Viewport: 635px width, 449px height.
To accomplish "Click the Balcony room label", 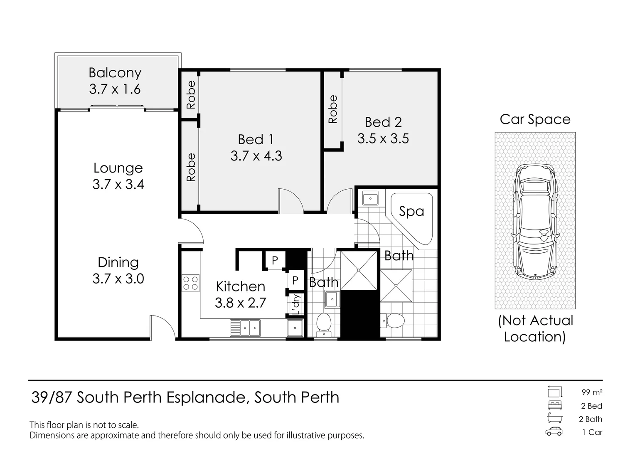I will (x=115, y=73).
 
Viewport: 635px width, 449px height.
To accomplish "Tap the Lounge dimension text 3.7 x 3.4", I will (x=118, y=184).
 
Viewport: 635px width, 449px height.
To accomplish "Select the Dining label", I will (x=118, y=262).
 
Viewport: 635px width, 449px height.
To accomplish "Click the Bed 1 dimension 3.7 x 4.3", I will (x=256, y=156).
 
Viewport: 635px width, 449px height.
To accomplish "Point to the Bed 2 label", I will (x=383, y=122).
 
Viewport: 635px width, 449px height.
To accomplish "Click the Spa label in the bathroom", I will (x=411, y=211).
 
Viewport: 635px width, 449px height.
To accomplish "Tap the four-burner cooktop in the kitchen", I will (x=190, y=284).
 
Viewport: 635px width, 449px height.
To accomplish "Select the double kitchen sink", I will (x=245, y=328).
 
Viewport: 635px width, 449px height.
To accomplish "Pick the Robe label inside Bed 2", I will (x=333, y=109).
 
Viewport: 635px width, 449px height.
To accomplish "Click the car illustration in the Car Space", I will (x=535, y=221).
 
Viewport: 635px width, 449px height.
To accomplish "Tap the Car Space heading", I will (x=535, y=119).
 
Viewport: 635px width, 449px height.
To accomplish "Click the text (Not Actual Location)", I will (x=535, y=328).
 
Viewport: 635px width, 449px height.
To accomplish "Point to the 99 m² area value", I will (x=592, y=392).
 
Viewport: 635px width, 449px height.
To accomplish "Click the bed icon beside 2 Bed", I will (x=555, y=405).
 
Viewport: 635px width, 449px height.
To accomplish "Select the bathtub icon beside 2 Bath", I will (x=555, y=419).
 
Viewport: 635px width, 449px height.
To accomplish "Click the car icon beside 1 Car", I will (x=554, y=432).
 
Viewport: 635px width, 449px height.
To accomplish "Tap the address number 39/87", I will (x=52, y=397).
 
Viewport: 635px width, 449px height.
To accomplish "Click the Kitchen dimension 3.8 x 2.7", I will (x=240, y=303).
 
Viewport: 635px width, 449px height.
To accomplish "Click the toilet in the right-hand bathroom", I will (x=393, y=321).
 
